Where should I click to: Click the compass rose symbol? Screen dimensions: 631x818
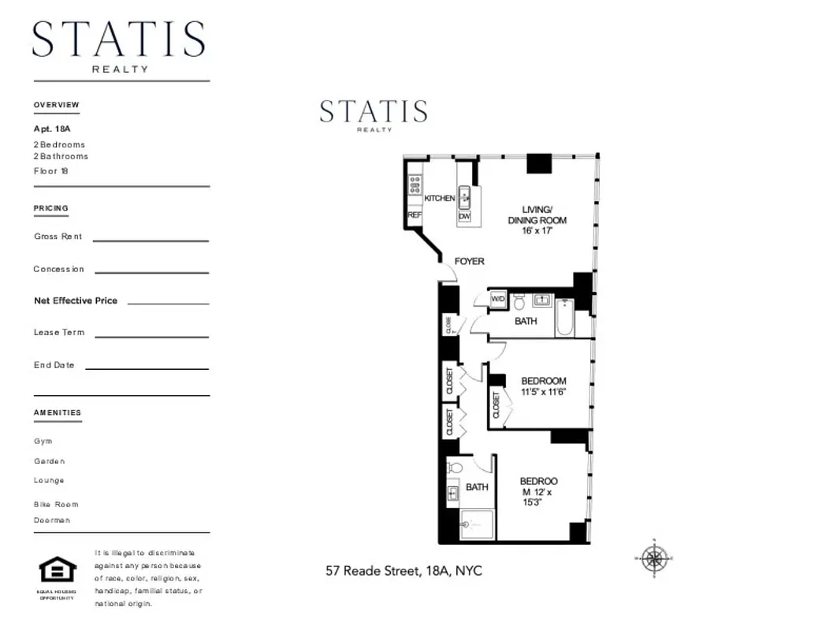(653, 558)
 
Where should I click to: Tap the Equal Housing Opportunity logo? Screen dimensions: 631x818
(58, 569)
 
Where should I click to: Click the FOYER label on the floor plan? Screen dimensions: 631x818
(469, 261)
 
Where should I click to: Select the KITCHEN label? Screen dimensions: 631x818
(439, 198)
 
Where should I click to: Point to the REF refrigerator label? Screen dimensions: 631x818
(414, 215)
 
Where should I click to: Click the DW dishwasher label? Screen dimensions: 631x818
(464, 215)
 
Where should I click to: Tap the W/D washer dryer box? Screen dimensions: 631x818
(498, 299)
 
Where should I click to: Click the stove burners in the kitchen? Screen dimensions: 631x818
(415, 185)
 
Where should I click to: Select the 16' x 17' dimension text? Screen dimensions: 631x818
(537, 231)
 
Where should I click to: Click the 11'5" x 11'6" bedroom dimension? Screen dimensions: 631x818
(544, 392)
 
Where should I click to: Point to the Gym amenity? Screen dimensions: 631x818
(43, 442)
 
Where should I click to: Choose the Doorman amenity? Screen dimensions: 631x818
(52, 521)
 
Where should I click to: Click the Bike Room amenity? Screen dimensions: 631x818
(56, 504)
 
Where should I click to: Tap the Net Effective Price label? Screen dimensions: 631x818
(76, 301)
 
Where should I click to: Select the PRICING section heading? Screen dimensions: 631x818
(51, 208)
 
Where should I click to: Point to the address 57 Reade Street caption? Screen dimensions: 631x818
(403, 570)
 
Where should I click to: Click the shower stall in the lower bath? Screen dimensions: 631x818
(476, 525)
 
